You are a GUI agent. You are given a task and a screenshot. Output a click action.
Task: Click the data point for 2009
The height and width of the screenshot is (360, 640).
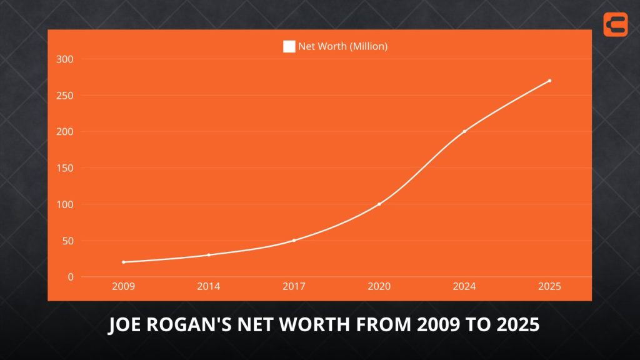(124, 262)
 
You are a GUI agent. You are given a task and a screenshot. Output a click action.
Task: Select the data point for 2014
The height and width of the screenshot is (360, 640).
(209, 255)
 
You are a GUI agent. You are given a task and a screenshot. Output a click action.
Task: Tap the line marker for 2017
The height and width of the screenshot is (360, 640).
(294, 241)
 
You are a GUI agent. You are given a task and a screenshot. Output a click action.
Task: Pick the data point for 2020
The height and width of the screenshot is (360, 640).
(379, 204)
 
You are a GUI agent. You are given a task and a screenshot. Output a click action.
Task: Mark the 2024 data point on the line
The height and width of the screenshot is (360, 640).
(464, 131)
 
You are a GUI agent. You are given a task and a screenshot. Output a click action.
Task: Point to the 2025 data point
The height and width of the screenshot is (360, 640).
(549, 81)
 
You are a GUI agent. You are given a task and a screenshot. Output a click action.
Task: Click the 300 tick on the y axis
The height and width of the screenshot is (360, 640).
(65, 59)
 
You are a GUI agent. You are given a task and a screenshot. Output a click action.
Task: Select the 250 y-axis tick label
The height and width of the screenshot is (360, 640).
(65, 96)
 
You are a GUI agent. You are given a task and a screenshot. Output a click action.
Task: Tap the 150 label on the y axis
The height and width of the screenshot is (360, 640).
(65, 168)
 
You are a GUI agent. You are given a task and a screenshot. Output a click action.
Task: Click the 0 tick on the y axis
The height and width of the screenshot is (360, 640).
(71, 277)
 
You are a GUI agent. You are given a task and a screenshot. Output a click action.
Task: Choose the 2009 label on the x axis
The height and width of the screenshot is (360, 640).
(124, 287)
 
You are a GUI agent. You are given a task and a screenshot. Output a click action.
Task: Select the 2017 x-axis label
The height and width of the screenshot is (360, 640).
(294, 287)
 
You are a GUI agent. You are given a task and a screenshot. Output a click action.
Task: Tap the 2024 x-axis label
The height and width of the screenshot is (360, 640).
(464, 287)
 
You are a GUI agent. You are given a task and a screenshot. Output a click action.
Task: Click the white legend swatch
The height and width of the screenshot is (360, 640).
(289, 46)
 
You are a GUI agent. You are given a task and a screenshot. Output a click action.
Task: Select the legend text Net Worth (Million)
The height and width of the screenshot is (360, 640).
(342, 46)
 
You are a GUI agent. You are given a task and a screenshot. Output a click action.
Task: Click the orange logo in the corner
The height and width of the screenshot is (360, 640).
(616, 24)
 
